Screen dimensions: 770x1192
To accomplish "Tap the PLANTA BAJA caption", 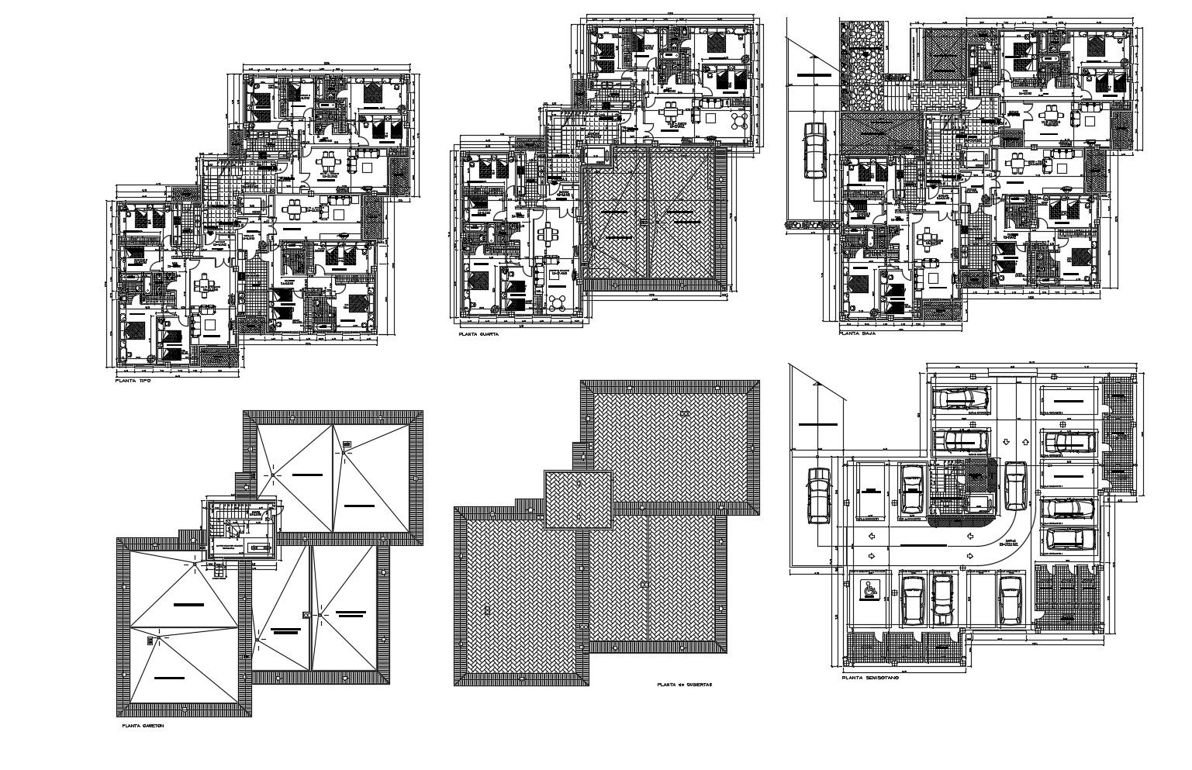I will tap(859, 333).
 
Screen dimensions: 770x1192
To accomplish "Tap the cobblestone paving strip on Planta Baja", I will tap(862, 66).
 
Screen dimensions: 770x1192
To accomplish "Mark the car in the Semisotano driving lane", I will tap(1015, 485).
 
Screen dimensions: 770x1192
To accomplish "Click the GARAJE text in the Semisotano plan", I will tap(1009, 544).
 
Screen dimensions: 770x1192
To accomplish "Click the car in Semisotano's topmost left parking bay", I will tap(961, 399).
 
